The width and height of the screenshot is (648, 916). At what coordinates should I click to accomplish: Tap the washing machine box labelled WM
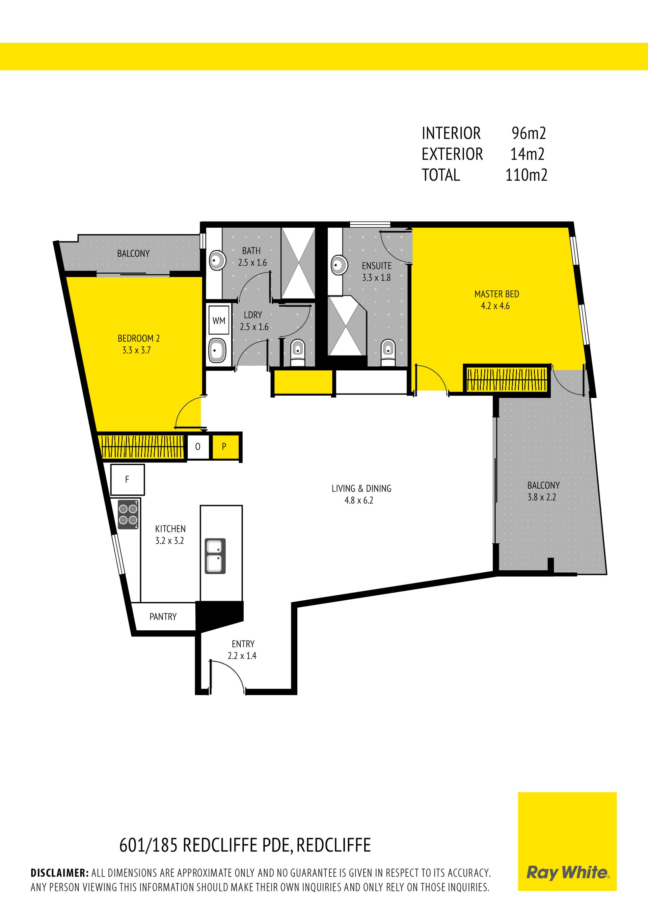point(219,320)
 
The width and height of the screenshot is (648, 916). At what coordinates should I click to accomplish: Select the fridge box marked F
point(127,480)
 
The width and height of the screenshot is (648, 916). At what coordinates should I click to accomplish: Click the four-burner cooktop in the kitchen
point(128,515)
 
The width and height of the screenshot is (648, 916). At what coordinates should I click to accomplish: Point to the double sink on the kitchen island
point(215,556)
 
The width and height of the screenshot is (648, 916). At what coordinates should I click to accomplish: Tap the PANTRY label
point(163,617)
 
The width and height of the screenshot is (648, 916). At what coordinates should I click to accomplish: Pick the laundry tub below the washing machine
point(217,351)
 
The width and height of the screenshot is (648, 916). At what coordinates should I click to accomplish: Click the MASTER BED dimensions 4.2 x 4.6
point(495,306)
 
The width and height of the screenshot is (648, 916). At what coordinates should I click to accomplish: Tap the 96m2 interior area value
point(529,133)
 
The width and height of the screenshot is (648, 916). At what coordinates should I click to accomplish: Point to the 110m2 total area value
point(526,175)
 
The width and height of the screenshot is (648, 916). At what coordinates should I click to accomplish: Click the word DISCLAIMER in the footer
point(59,872)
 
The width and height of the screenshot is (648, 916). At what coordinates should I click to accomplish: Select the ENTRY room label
point(243,644)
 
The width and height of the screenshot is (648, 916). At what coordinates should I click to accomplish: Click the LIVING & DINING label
point(361,488)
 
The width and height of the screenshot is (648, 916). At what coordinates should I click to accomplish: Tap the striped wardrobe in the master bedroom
point(507,379)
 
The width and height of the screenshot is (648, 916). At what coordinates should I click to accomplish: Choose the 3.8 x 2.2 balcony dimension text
point(542,497)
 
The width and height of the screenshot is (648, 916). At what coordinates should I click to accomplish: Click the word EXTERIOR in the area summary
point(452,154)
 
